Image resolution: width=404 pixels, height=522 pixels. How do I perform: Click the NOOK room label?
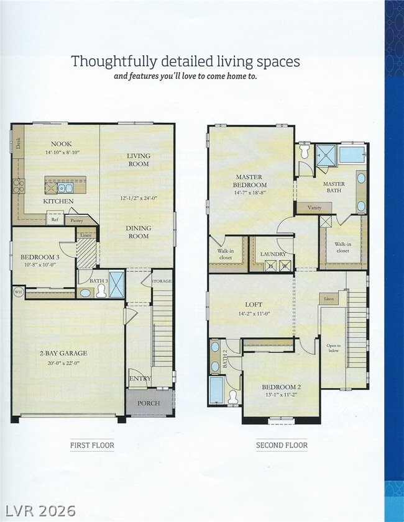(x=62, y=143)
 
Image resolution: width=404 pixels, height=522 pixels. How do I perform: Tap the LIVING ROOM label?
(x=139, y=160)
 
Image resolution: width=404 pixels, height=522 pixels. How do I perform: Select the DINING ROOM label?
(x=139, y=232)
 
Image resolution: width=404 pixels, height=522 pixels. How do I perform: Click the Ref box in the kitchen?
(x=55, y=218)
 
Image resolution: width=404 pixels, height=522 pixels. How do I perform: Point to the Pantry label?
(x=76, y=220)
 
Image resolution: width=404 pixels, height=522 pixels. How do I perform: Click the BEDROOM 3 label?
(x=40, y=257)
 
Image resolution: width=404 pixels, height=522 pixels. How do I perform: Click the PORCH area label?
(x=149, y=403)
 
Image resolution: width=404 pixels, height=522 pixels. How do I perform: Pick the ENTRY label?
(x=140, y=378)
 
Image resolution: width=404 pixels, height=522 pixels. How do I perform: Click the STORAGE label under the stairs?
(x=162, y=281)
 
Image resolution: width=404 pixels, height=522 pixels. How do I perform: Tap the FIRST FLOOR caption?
(x=92, y=445)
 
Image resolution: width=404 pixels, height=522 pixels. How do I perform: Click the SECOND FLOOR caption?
(x=282, y=445)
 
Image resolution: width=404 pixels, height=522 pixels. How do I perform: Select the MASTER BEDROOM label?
(x=250, y=181)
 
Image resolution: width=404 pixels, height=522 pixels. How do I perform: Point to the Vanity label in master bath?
(x=314, y=207)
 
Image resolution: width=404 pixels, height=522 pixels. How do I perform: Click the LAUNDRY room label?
(x=273, y=254)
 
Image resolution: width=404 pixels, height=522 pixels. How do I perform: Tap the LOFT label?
(x=251, y=305)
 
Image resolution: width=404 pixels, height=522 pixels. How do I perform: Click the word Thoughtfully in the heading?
(x=103, y=61)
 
